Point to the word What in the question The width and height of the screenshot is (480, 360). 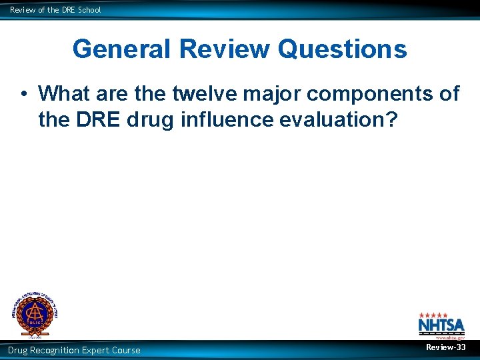(x=66, y=94)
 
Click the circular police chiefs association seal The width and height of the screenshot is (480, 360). (x=33, y=313)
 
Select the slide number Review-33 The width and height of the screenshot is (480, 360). (x=446, y=347)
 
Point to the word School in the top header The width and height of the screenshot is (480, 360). (x=89, y=10)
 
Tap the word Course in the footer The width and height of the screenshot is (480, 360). (x=127, y=350)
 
